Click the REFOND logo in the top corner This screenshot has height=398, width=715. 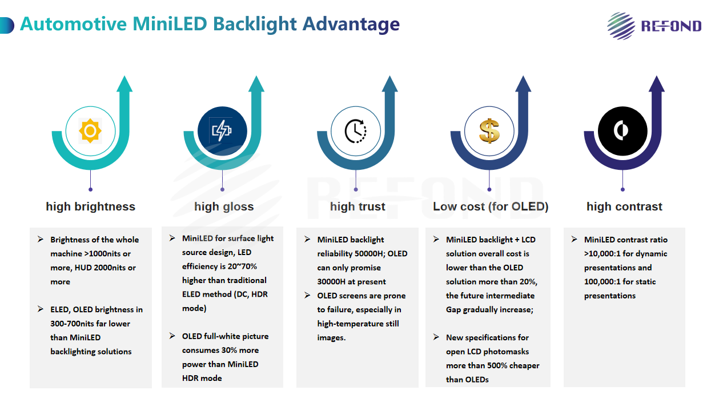pyautogui.click(x=654, y=26)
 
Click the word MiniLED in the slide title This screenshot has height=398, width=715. pyautogui.click(x=170, y=24)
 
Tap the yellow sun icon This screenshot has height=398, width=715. pyautogui.click(x=90, y=131)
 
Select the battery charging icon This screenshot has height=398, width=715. pyautogui.click(x=222, y=131)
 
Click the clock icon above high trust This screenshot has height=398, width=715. pyautogui.click(x=356, y=131)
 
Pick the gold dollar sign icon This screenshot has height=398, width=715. pyautogui.click(x=489, y=131)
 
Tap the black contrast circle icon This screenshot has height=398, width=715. pyautogui.click(x=622, y=131)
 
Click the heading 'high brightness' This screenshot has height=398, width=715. pyautogui.click(x=91, y=206)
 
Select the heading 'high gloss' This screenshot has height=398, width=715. pyautogui.click(x=224, y=206)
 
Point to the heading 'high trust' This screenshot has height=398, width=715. pyautogui.click(x=357, y=206)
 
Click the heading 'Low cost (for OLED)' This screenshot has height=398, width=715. pyautogui.click(x=491, y=206)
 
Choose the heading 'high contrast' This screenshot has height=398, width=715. pyautogui.click(x=624, y=206)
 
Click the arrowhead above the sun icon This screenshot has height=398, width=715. pyautogui.click(x=124, y=83)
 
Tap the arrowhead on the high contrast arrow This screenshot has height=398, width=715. pyautogui.click(x=657, y=83)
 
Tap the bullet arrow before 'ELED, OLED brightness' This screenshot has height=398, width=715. pyautogui.click(x=40, y=309)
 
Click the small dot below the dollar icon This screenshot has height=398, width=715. pyautogui.click(x=489, y=190)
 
